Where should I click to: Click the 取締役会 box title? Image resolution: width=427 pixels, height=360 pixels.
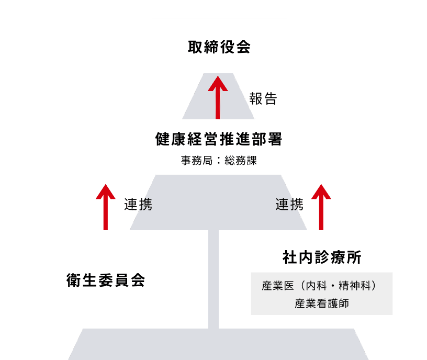coord(219,47)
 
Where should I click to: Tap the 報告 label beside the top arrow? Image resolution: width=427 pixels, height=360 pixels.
coord(263,98)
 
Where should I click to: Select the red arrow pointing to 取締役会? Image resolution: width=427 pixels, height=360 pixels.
coord(218,97)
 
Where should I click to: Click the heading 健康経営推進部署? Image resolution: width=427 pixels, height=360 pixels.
coord(219,139)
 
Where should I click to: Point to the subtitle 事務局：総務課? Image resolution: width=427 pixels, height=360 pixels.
coord(219,161)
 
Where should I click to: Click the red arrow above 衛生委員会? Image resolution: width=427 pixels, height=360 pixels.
coord(106,208)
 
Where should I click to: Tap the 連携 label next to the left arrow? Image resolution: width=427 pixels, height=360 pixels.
coord(138,204)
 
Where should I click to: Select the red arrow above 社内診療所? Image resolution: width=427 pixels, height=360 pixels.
coord(321,208)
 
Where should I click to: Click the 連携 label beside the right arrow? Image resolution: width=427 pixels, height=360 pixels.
coord(289,204)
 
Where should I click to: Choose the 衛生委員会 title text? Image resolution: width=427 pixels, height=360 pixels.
coord(106,280)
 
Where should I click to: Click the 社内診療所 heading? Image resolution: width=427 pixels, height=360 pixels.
coord(322,257)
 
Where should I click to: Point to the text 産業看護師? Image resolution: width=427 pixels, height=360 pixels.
coord(322,303)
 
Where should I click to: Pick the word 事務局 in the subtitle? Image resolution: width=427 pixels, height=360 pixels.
coord(195,161)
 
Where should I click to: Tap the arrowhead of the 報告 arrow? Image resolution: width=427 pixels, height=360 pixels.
coord(218,83)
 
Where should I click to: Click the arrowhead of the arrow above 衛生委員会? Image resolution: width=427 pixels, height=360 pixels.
coord(106,191)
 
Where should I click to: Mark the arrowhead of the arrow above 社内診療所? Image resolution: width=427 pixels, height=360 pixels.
coord(321,191)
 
